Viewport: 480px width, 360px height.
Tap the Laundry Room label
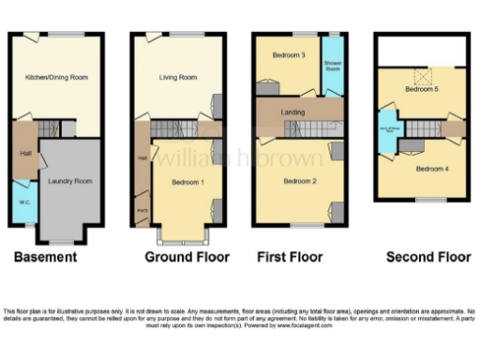(70, 180)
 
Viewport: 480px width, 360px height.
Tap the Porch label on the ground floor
(142, 207)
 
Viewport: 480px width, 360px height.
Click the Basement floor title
(45, 256)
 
